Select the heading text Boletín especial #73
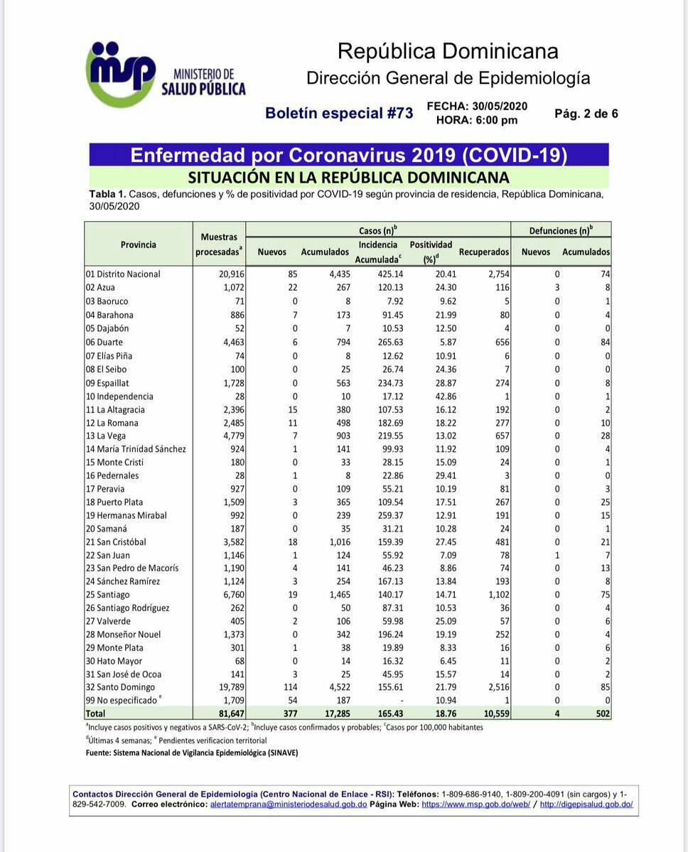(338, 113)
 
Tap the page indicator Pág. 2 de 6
(586, 113)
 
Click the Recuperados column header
(484, 252)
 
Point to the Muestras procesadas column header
(219, 244)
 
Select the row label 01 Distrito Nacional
(123, 274)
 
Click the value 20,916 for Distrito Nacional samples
(230, 274)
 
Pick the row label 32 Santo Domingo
(120, 688)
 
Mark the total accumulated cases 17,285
(332, 714)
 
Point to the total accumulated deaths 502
(603, 714)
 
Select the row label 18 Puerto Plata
(114, 502)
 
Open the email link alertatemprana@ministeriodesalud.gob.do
(289, 804)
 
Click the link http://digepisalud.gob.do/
(586, 804)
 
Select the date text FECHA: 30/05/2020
(477, 106)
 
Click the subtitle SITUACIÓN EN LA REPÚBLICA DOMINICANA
(348, 177)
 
